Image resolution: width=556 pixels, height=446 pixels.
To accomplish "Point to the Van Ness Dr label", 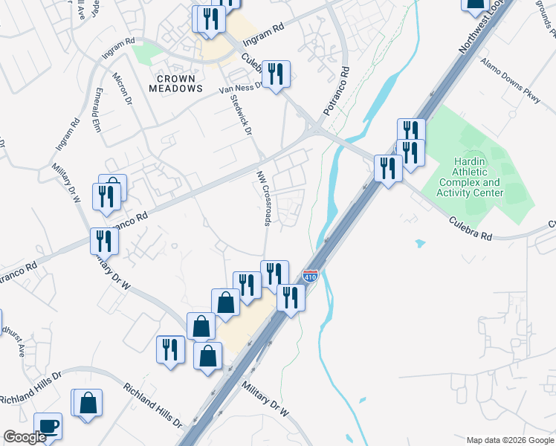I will pyautogui.click(x=239, y=88).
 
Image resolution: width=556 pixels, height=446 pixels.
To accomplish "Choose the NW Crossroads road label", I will pyautogui.click(x=265, y=196).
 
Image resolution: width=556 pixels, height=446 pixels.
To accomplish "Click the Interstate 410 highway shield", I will pyautogui.click(x=311, y=277).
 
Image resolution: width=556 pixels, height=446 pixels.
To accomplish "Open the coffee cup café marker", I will pyautogui.click(x=48, y=426).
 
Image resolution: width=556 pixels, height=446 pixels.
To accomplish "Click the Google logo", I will pyautogui.click(x=25, y=437).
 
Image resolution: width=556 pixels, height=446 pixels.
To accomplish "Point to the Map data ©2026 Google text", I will pyautogui.click(x=509, y=440).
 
